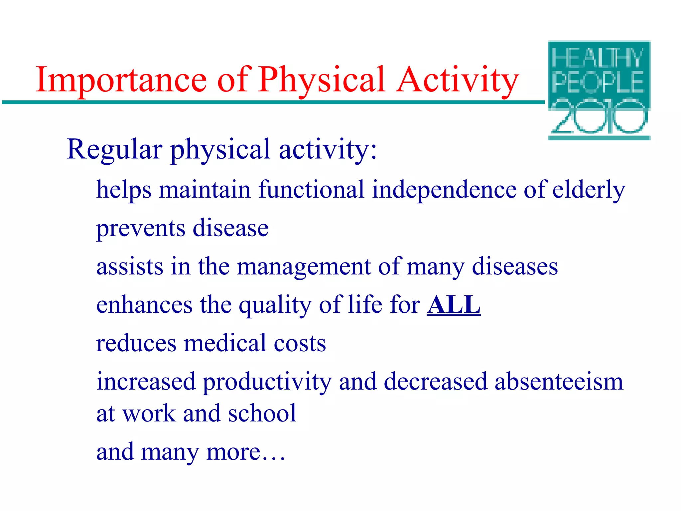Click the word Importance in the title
121,80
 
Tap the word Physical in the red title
322,80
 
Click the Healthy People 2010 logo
599,90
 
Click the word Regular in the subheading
114,150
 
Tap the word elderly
589,190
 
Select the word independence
444,190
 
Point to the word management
303,267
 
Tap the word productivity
267,382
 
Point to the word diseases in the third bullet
515,267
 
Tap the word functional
311,190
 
